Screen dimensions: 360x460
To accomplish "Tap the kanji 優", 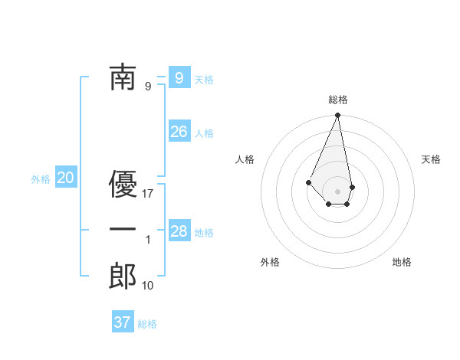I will click(x=123, y=183).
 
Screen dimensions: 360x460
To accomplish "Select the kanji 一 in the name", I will click(x=123, y=230).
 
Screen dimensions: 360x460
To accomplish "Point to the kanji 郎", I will click(x=123, y=276).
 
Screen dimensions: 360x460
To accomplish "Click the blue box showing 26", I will click(x=179, y=132).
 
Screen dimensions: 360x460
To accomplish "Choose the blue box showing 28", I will click(x=179, y=231).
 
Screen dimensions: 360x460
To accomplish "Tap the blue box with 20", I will click(x=66, y=178).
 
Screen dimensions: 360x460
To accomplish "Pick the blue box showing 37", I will click(x=123, y=322).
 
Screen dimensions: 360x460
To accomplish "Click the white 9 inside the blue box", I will click(x=179, y=77).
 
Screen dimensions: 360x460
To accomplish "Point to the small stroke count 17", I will click(x=149, y=194).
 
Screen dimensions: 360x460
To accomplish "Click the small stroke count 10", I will click(x=149, y=286).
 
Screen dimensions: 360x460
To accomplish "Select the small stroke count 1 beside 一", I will click(x=149, y=240).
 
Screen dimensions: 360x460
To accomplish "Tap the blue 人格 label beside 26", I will click(x=204, y=133).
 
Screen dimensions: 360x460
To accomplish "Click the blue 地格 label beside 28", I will click(x=204, y=233).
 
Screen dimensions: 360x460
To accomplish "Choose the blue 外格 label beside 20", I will click(x=41, y=179).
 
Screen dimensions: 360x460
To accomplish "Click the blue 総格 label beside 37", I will click(x=147, y=324).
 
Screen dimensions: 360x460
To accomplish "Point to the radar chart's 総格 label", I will click(x=338, y=100).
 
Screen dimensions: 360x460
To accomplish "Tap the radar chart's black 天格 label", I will click(x=432, y=159).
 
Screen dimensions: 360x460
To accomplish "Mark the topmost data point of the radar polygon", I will click(x=337, y=116).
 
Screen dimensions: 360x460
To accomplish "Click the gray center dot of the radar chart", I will click(x=337, y=191).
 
